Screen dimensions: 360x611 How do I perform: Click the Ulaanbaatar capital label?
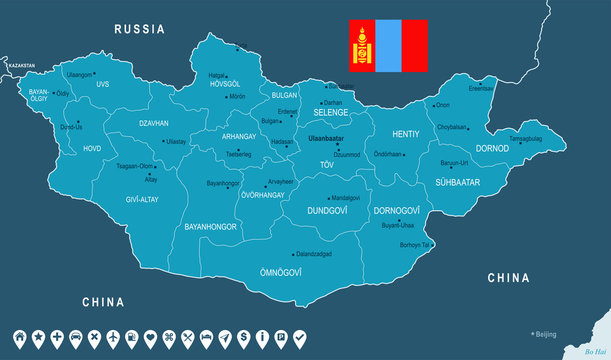pos(326,137)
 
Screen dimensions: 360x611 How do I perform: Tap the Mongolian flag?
pos(388,45)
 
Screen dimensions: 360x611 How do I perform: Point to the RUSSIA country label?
pos(139,29)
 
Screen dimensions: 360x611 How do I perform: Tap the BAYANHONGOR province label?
pos(209,228)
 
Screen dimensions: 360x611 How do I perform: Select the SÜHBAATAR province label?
pos(457,183)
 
